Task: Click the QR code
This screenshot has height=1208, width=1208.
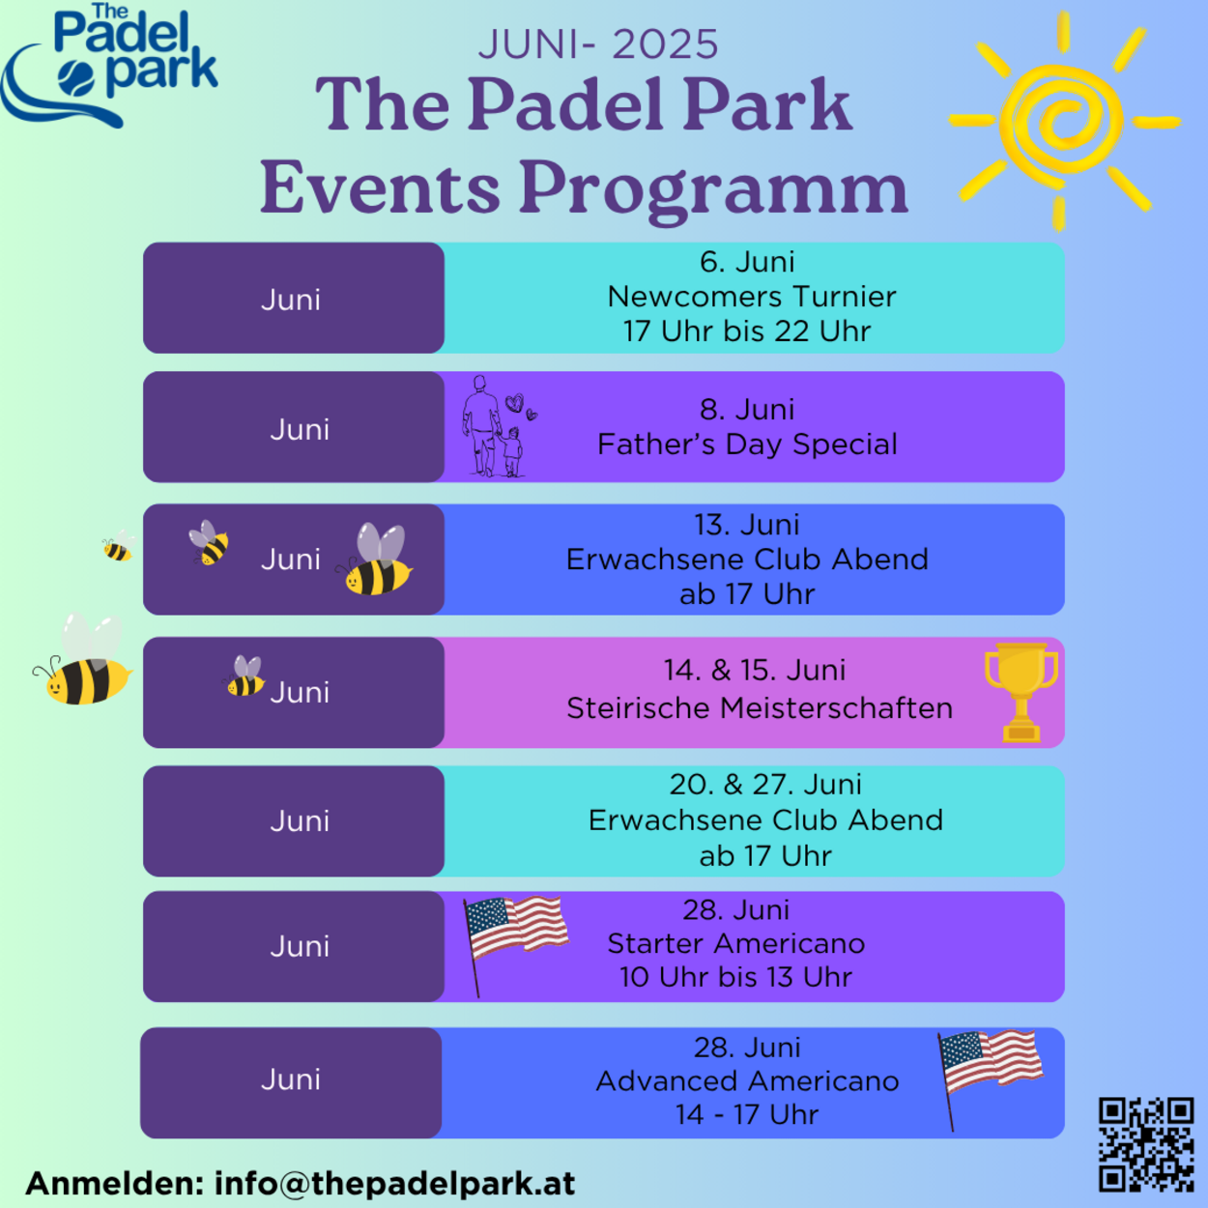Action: [1146, 1143]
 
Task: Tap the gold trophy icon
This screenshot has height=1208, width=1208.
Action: [1021, 693]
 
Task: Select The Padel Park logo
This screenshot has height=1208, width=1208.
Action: [109, 65]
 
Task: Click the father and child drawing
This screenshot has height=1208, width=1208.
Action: [499, 426]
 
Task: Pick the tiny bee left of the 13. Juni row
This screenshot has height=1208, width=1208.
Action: [119, 545]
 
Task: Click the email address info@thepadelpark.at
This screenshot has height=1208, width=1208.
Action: [395, 1183]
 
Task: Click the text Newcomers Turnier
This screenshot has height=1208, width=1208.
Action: [752, 297]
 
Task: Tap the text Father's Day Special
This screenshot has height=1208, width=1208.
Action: [747, 445]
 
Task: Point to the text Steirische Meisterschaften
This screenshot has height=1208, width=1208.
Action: [760, 708]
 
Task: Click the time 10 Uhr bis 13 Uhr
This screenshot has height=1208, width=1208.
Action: [736, 977]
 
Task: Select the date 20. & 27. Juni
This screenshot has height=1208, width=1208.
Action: [765, 784]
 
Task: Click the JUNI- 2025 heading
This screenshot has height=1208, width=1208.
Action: [598, 43]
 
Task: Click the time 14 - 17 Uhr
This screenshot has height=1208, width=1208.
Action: [747, 1114]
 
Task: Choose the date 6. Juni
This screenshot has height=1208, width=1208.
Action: [747, 261]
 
